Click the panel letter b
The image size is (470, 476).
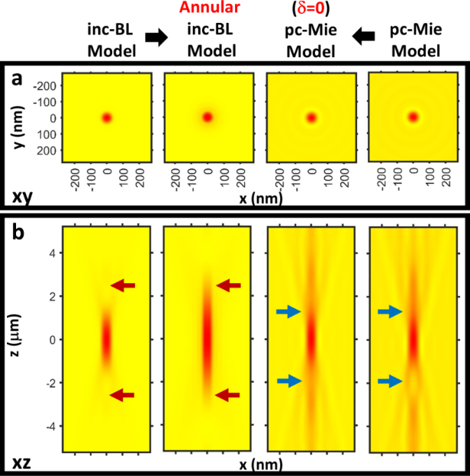pyautogui.click(x=15, y=230)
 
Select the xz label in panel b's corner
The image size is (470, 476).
pyautogui.click(x=21, y=462)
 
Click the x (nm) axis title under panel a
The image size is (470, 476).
pyautogui.click(x=259, y=200)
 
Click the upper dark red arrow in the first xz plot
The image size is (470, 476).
pyautogui.click(x=123, y=285)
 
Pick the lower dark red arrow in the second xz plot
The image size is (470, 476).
pyautogui.click(x=227, y=394)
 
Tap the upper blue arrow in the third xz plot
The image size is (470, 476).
pyautogui.click(x=289, y=311)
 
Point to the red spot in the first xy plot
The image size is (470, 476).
pyautogui.click(x=107, y=117)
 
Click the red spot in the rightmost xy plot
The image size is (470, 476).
pyautogui.click(x=414, y=117)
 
